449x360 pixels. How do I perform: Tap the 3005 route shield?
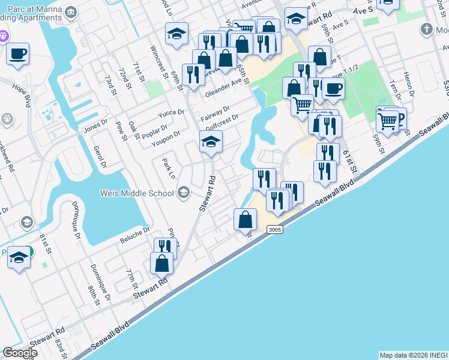[273, 229]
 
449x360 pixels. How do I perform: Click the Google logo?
[20, 353]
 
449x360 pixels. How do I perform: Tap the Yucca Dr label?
[171, 113]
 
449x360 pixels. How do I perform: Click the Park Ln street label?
[168, 168]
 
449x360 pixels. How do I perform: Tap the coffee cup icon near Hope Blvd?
[18, 55]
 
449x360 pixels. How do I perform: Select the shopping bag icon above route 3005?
[246, 220]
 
